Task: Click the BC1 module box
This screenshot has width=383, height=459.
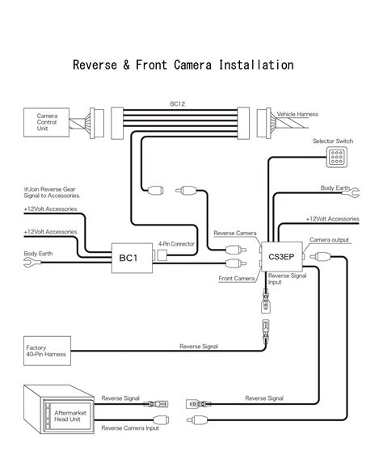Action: pyautogui.click(x=132, y=258)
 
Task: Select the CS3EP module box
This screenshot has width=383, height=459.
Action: pyautogui.click(x=282, y=256)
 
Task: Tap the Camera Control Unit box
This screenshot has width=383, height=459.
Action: pyautogui.click(x=46, y=122)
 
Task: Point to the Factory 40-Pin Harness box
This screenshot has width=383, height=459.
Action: pyautogui.click(x=47, y=351)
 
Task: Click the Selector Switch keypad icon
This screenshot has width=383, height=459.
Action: pyautogui.click(x=337, y=157)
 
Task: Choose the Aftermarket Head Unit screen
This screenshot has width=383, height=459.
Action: pyautogui.click(x=69, y=416)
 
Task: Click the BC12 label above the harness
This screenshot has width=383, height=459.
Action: pyautogui.click(x=177, y=104)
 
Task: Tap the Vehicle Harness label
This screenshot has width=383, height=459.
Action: pyautogui.click(x=297, y=114)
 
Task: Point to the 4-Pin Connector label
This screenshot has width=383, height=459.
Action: pyautogui.click(x=176, y=244)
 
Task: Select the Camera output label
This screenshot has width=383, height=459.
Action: pyautogui.click(x=329, y=240)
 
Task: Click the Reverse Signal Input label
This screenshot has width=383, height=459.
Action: pyautogui.click(x=287, y=279)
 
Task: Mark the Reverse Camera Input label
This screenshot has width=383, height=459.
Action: pyautogui.click(x=130, y=428)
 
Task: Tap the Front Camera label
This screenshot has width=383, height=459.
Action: pyautogui.click(x=237, y=278)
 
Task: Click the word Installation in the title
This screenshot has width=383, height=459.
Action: pyautogui.click(x=256, y=65)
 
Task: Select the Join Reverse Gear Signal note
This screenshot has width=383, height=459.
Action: pyautogui.click(x=52, y=192)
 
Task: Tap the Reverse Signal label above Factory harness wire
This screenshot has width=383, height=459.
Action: pyautogui.click(x=199, y=347)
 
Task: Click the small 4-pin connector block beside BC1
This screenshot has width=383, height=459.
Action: pyautogui.click(x=162, y=255)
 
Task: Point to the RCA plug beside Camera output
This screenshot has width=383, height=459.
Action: pyautogui.click(x=321, y=257)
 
